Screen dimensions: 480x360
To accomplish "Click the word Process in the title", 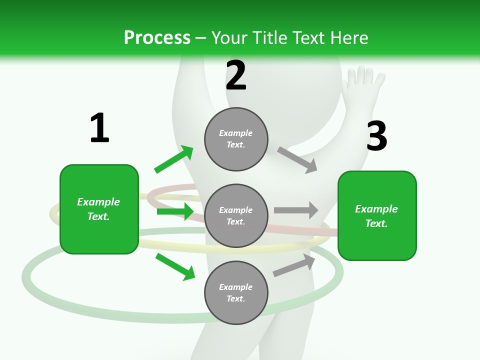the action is coord(157,37).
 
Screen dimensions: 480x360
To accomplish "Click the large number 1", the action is coord(99,127).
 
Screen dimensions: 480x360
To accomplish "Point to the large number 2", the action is coord(236,75).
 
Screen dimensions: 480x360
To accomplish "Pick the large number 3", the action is coord(377,135).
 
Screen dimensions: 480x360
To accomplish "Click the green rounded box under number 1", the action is coord(99,209).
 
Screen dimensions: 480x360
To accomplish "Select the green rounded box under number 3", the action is coord(377,216).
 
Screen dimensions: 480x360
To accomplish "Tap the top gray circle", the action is coord(236,139).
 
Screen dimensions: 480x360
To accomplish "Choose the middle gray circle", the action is coord(236,216).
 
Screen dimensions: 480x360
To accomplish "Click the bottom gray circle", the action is coord(236,293).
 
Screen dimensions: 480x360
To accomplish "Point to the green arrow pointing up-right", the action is coord(174,159).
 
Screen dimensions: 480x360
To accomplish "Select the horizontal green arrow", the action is coord(175,211).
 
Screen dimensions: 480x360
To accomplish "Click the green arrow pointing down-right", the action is coord(175,266).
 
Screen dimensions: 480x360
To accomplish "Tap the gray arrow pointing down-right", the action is coord(297,160).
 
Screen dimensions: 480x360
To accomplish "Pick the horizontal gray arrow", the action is coord(296,210).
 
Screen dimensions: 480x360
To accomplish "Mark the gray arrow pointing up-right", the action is coord(294,265).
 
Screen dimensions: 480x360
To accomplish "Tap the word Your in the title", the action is coord(229,37).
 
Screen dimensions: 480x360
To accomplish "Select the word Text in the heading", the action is coord(309,37).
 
